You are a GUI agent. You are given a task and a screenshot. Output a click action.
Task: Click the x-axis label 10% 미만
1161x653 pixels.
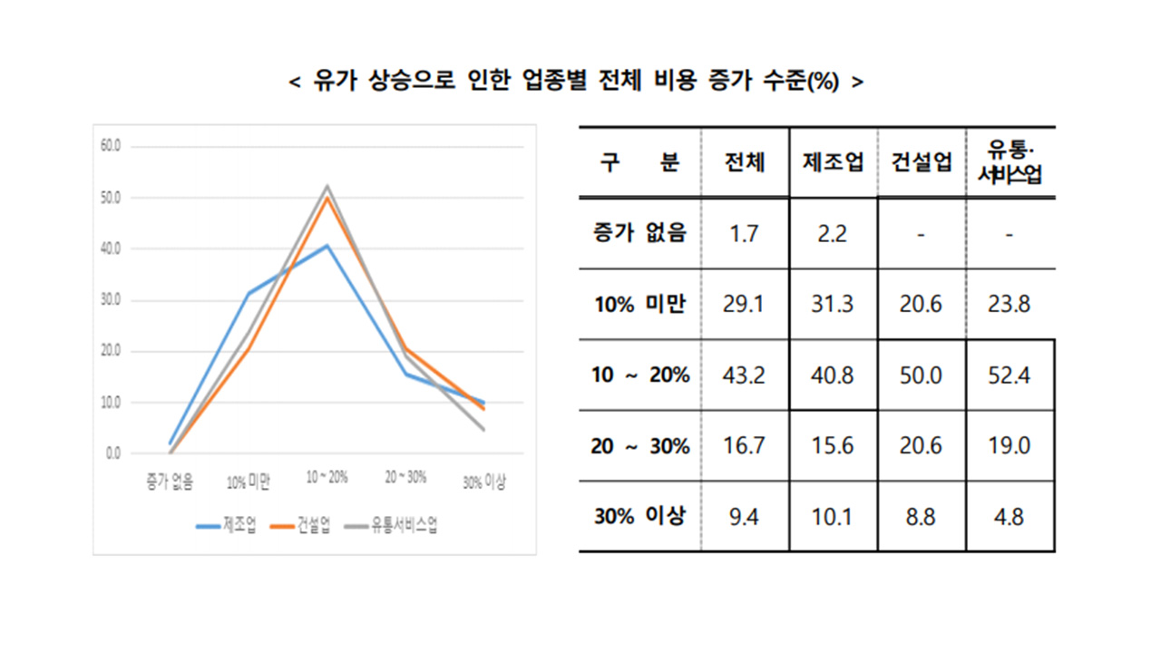[x=249, y=482]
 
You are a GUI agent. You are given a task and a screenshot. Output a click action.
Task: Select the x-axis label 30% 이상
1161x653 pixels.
[x=483, y=482]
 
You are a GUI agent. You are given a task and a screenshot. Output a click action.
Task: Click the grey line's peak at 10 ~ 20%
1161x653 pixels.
[x=327, y=187]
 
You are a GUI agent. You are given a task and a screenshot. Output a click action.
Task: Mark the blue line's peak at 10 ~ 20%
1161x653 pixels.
[x=327, y=246]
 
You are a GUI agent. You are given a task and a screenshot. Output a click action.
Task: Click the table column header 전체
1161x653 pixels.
[x=745, y=162]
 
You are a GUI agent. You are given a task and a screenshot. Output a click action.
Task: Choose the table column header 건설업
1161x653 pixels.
[x=921, y=162]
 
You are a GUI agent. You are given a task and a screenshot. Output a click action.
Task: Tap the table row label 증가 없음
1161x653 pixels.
[x=640, y=233]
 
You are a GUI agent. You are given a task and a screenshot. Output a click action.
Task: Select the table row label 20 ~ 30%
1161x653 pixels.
[x=640, y=446]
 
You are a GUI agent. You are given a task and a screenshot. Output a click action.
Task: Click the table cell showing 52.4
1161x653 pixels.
[x=1009, y=375]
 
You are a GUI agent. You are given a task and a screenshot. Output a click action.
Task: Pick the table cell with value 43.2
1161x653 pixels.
[x=745, y=375]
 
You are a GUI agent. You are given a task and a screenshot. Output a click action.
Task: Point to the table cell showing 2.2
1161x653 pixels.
[x=832, y=233]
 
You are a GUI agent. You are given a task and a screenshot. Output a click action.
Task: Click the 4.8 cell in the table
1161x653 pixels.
[x=1009, y=517]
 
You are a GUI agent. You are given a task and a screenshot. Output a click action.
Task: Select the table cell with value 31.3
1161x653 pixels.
[x=832, y=304]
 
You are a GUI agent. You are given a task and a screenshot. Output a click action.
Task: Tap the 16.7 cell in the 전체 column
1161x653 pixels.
[x=745, y=446]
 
